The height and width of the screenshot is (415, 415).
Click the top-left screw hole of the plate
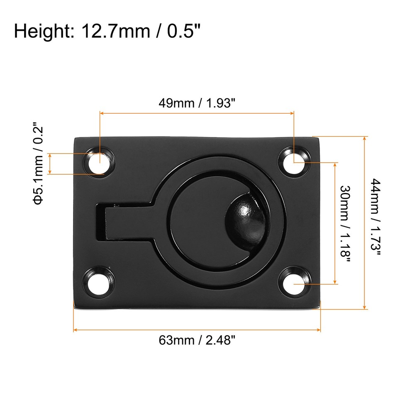[x=100, y=162]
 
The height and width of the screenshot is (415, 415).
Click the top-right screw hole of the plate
[x=294, y=161]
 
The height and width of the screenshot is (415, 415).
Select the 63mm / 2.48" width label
[x=197, y=340]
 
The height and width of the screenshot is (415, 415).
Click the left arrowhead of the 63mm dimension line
[x=76, y=330]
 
